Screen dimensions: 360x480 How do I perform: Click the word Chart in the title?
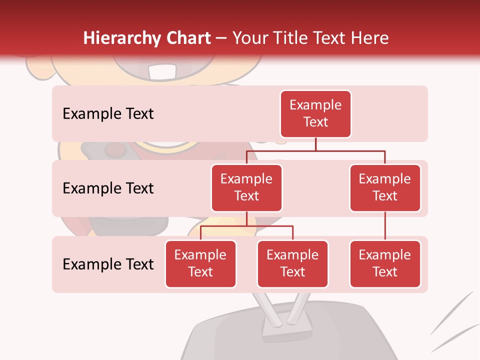pyautogui.click(x=186, y=38)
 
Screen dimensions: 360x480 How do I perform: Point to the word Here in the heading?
pyautogui.click(x=369, y=38)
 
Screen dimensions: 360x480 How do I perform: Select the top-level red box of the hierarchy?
pyautogui.click(x=315, y=113)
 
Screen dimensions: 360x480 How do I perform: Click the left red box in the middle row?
pyautogui.click(x=246, y=187)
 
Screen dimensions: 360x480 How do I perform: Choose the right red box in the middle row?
pyautogui.click(x=385, y=187)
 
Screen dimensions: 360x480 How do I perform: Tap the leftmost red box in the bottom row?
pyautogui.click(x=200, y=263)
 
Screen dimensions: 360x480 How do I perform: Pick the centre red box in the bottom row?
pyautogui.click(x=292, y=263)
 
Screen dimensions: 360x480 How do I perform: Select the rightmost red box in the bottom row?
pyautogui.click(x=385, y=263)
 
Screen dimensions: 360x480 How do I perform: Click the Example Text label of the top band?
pyautogui.click(x=108, y=113)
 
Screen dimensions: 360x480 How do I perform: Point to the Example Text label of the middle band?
pyautogui.click(x=108, y=188)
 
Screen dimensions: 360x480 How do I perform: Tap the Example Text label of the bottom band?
pyautogui.click(x=108, y=264)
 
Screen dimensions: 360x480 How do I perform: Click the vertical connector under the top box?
pyautogui.click(x=315, y=144)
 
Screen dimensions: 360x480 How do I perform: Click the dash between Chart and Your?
pyautogui.click(x=221, y=39)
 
